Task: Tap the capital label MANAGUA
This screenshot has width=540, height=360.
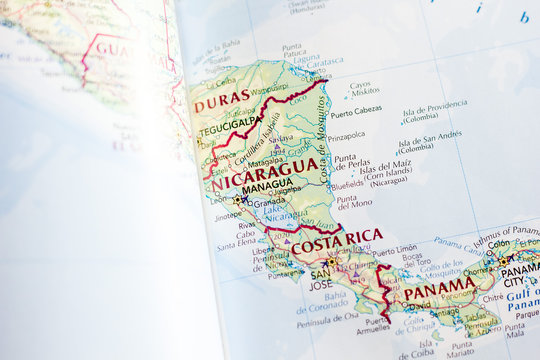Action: point(267,185)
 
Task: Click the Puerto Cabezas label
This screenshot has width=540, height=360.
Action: point(354,110)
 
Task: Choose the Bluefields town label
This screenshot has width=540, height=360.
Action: point(347,185)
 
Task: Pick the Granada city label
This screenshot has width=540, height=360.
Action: point(268,201)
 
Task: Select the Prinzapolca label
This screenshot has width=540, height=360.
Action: point(346,135)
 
